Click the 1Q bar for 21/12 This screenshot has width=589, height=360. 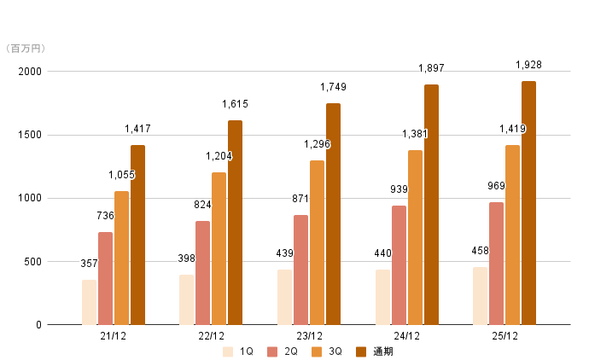pyautogui.click(x=89, y=302)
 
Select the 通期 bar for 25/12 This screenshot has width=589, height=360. pyautogui.click(x=528, y=203)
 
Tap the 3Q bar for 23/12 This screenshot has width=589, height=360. pyautogui.click(x=317, y=242)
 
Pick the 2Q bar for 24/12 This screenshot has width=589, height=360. pyautogui.click(x=399, y=264)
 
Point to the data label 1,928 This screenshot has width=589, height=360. pyautogui.click(x=528, y=65)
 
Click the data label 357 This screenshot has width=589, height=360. pyautogui.click(x=89, y=264)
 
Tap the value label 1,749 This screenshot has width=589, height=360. pyautogui.click(x=333, y=87)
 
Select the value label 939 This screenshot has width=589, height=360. pyautogui.click(x=399, y=189)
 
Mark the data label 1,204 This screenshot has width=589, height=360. pyautogui.click(x=219, y=156)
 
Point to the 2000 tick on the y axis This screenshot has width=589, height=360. pyautogui.click(x=31, y=72)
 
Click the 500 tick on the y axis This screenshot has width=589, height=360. pyautogui.click(x=34, y=262)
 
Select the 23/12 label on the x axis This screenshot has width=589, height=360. pyautogui.click(x=309, y=336)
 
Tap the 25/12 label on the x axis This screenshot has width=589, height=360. pyautogui.click(x=504, y=336)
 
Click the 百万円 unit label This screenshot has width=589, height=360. pyautogui.click(x=28, y=49)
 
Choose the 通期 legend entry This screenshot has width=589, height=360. pyautogui.click(x=376, y=351)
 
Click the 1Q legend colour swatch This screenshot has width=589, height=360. pyautogui.click(x=228, y=351)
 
